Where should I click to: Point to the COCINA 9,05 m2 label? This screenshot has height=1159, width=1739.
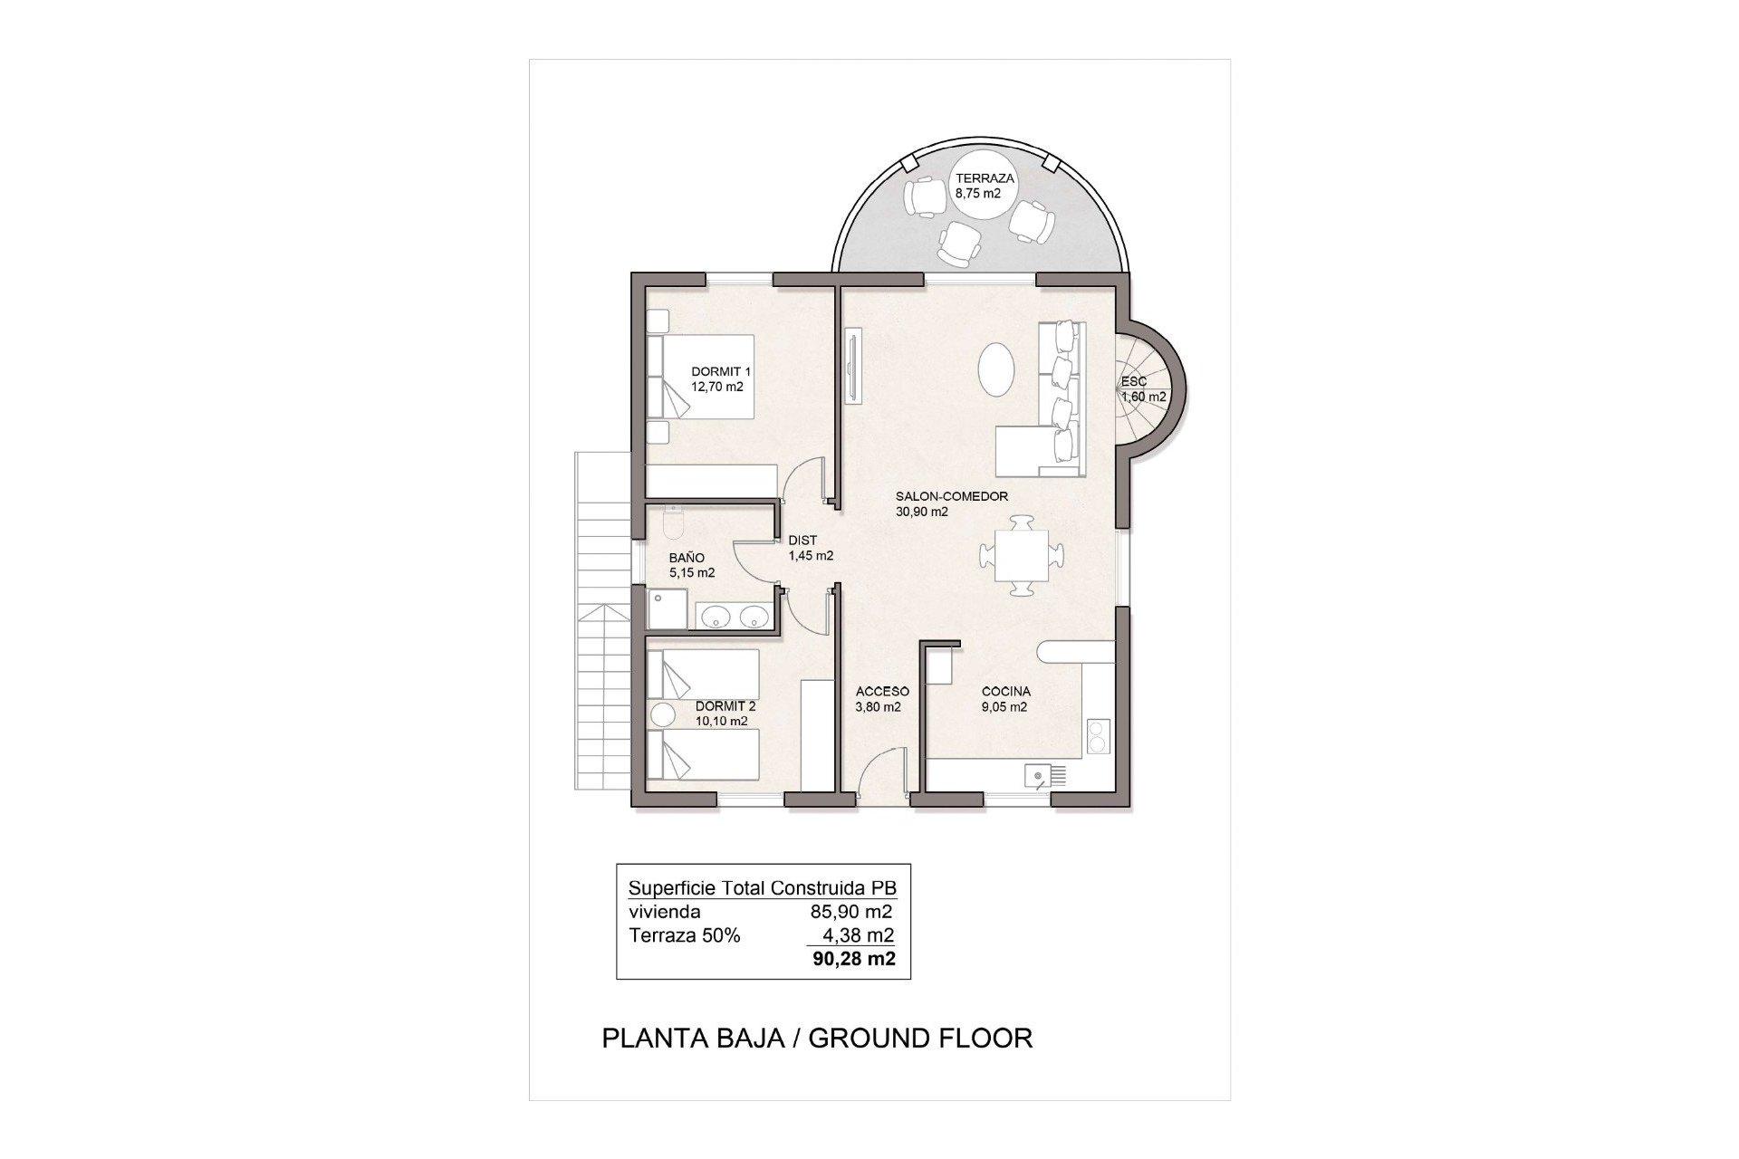tap(1006, 699)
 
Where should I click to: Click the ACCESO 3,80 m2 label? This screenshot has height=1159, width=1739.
tap(882, 699)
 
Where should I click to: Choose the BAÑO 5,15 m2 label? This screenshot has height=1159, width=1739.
tap(692, 565)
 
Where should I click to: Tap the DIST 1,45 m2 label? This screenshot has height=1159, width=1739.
tap(811, 548)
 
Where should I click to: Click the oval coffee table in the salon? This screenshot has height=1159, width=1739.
tap(997, 369)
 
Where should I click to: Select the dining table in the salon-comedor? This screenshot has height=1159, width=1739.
tap(1023, 555)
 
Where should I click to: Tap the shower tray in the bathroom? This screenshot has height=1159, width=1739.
tap(668, 608)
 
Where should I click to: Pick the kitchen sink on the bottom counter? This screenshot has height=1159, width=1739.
tap(1038, 775)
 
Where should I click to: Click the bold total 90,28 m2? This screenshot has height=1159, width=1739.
tap(855, 959)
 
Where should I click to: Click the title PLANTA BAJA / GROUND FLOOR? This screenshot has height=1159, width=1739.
tap(817, 1038)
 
